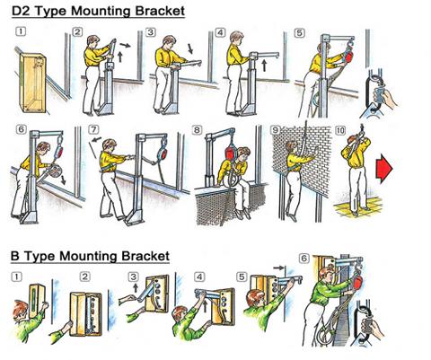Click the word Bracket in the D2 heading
point(160,11)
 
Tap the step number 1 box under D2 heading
point(21,31)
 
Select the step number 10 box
point(340,130)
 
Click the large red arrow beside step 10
point(386,169)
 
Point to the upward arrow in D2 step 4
point(264,66)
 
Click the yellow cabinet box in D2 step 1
point(33,83)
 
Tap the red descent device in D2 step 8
point(232,152)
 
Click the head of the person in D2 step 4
point(236,37)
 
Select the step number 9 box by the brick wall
point(276,130)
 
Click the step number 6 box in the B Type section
point(303,258)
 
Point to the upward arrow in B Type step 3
point(136,287)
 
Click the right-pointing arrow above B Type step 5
point(278,268)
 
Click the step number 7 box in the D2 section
point(93,129)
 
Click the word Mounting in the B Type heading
point(90,257)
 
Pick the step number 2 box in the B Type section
point(85,277)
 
